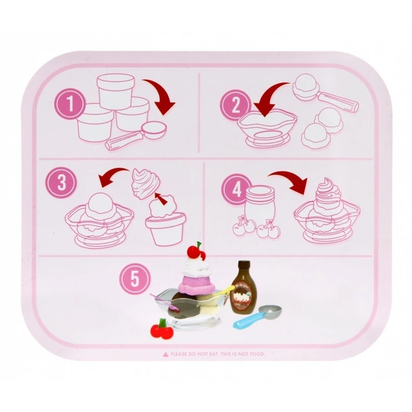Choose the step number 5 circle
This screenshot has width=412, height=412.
click(135, 278)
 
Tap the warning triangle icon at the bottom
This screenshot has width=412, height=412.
click(167, 354)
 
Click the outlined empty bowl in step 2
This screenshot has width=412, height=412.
click(268, 129)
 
